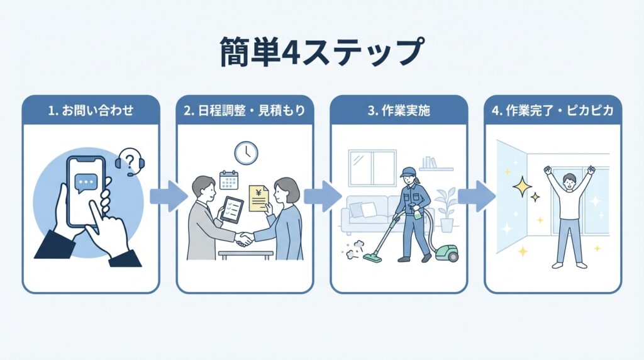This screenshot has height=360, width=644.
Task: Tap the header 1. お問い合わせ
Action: [91, 110]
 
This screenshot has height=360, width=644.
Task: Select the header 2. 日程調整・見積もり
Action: [245, 110]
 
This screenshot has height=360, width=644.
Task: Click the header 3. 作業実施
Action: [399, 110]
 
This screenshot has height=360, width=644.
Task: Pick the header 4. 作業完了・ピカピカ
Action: [553, 110]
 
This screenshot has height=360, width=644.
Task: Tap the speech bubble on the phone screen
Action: [86, 183]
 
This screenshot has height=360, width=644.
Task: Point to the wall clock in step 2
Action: [246, 152]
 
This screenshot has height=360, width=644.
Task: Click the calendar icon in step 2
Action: [228, 179]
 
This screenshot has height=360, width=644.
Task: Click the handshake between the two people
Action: [245, 239]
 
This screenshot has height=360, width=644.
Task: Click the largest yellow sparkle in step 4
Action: [521, 187]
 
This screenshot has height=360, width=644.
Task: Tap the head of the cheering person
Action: [569, 183]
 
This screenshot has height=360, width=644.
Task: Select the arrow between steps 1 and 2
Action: [168, 196]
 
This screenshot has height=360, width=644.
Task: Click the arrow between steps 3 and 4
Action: [476, 196]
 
